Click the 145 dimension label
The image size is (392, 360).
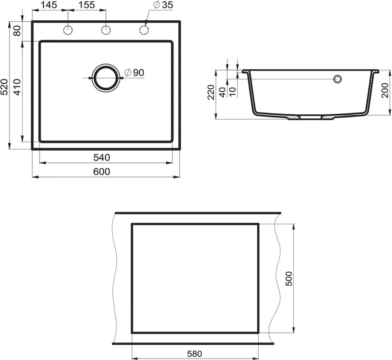[49, 4]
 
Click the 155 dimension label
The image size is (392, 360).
[87, 4]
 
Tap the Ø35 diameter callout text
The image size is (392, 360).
[163, 5]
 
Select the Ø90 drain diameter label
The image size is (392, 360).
[134, 72]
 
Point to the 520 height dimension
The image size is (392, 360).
[5, 87]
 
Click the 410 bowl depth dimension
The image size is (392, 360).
[17, 87]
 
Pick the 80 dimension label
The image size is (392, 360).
[17, 31]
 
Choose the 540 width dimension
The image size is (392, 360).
[102, 157]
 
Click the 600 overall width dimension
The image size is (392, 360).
[102, 172]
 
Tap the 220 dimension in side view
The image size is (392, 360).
[211, 92]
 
